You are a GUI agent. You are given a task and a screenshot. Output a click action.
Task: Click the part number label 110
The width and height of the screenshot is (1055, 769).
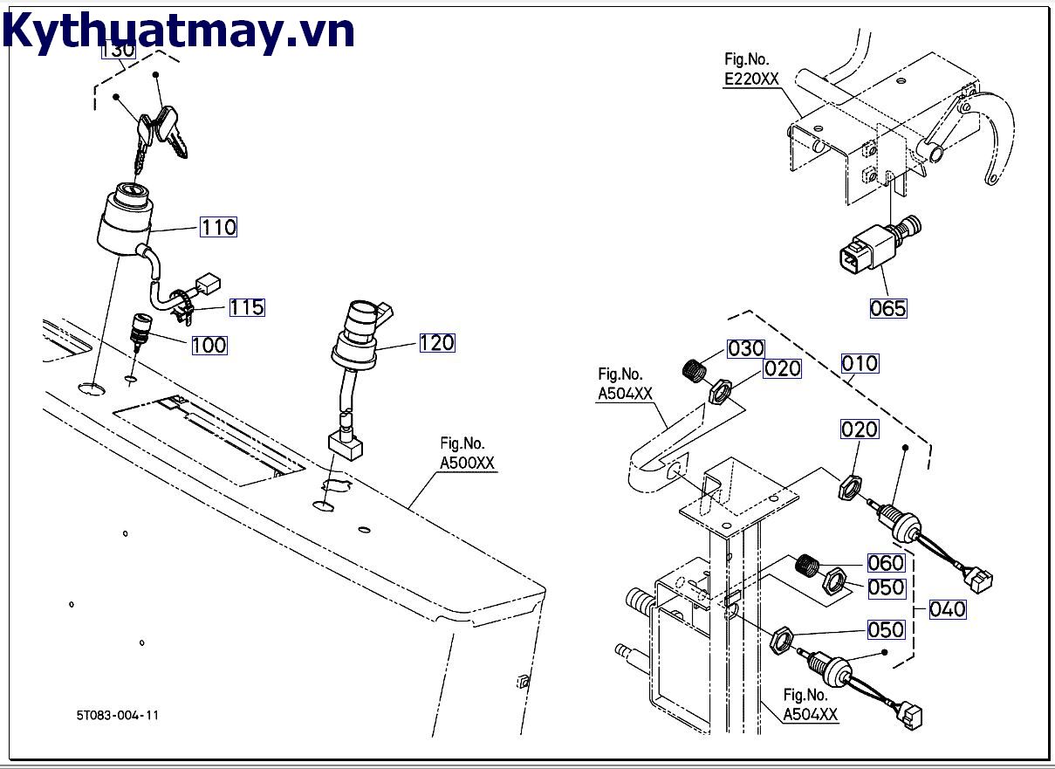pos(218,227)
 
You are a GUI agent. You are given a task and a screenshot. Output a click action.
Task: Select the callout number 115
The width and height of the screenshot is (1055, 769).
pos(247,307)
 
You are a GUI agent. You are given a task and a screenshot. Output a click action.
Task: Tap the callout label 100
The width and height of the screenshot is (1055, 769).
pos(209,345)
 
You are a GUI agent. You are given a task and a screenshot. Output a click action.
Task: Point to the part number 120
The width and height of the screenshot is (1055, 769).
pos(436,343)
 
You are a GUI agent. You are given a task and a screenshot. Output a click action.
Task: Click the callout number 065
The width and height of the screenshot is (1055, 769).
pos(888,308)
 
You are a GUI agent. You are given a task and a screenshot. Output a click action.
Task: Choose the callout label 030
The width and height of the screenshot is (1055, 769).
pos(746,349)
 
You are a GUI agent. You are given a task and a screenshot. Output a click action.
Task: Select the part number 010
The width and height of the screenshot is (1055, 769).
pos(860,363)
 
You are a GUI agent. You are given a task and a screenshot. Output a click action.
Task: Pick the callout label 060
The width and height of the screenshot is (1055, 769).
pos(886,563)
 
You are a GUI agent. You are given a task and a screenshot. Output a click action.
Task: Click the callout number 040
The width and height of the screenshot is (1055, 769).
pos(948,608)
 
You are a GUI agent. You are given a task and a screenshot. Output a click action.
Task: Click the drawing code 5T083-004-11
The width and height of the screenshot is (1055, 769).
pos(117,716)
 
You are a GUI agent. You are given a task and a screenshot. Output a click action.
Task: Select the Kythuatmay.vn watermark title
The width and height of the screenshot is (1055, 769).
pos(179,31)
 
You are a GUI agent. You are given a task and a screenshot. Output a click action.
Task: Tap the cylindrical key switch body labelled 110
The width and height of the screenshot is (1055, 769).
pos(125,219)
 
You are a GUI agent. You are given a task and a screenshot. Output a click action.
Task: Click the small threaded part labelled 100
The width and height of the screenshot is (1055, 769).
pos(140,328)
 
